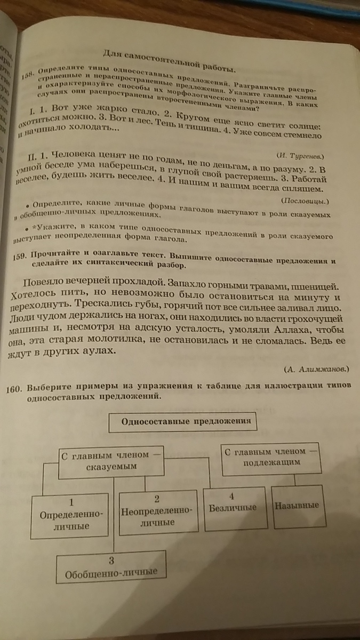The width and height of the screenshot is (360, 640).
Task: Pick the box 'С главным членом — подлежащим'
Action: click(270, 458)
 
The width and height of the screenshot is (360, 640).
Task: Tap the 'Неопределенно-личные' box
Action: click(157, 511)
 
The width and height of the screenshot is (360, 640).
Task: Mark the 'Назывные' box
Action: click(297, 505)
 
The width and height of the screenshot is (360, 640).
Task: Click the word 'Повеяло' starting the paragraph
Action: click(45, 281)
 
